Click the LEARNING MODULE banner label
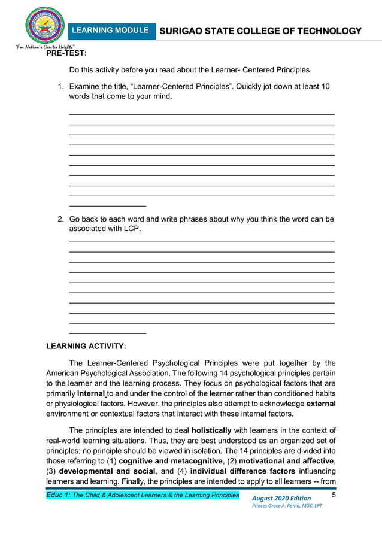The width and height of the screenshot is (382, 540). tap(110, 30)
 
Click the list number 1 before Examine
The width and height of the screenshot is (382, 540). tap(60, 87)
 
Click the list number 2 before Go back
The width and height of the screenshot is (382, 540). tap(60, 219)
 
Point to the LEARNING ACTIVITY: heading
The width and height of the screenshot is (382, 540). tap(86, 346)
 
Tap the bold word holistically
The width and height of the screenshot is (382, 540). tap(219, 430)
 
